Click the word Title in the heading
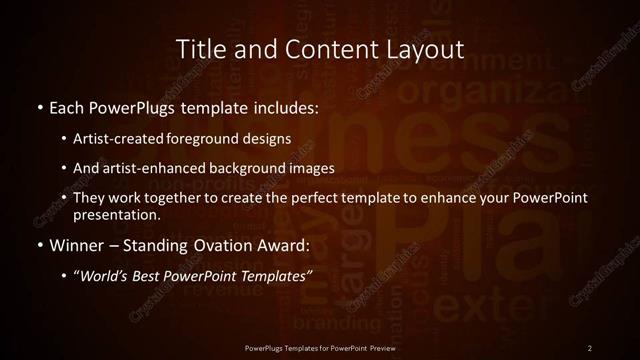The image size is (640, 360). (x=198, y=49)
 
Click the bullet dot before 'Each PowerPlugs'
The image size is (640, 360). (x=39, y=107)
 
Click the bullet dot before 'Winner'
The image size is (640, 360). (x=39, y=245)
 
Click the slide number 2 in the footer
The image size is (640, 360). (x=590, y=347)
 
